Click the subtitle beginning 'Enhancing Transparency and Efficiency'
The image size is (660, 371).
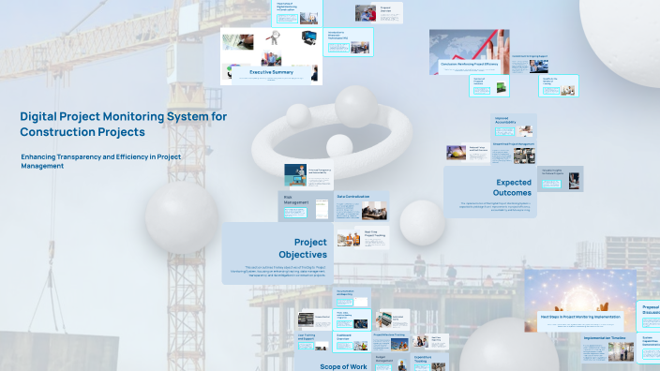(100, 160)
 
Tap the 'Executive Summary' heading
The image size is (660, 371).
(270, 72)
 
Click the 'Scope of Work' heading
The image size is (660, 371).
(343, 365)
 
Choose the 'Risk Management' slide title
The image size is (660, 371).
(295, 200)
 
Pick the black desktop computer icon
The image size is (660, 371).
(307, 40)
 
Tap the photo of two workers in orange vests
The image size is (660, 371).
(348, 239)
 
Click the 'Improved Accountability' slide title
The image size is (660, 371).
(507, 119)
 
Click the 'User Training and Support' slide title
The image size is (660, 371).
(307, 336)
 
